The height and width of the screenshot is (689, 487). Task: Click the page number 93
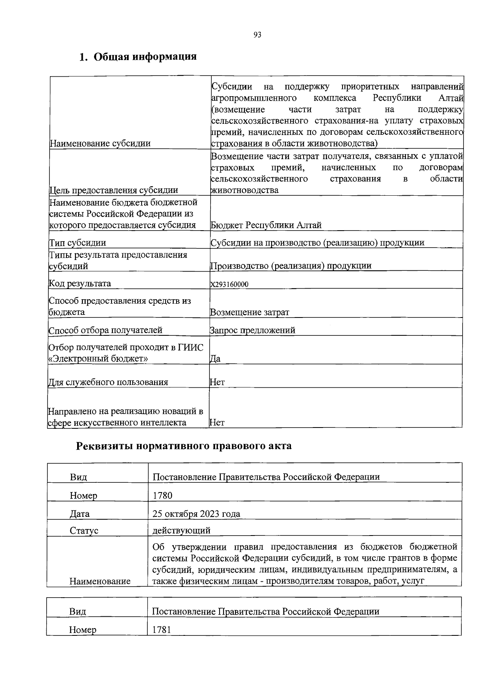tap(257, 35)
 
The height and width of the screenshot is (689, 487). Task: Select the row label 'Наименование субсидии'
tap(100, 143)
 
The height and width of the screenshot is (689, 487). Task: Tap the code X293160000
tap(229, 284)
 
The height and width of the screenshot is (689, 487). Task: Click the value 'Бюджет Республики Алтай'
tap(266, 225)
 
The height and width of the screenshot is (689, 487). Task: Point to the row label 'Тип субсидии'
tap(78, 243)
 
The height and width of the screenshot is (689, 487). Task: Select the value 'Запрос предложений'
tap(252, 330)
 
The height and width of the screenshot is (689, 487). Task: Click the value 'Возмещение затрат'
tap(250, 312)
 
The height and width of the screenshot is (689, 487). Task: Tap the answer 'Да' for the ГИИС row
tap(215, 359)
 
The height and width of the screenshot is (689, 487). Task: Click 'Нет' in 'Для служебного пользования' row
tap(217, 382)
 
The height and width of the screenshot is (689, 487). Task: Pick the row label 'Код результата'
tap(80, 283)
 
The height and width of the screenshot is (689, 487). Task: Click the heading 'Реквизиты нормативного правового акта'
tap(184, 446)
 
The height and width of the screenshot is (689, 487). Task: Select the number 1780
tap(162, 495)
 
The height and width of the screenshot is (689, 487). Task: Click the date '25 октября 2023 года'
tap(196, 514)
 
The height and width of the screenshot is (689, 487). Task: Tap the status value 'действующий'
tap(181, 530)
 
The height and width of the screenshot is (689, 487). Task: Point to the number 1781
tap(162, 630)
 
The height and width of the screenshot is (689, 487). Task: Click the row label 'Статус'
tap(84, 531)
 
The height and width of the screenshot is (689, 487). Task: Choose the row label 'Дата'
tap(80, 514)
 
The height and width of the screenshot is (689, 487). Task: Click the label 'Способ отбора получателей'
tap(106, 330)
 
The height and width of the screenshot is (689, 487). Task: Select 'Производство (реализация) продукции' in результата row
tap(291, 266)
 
